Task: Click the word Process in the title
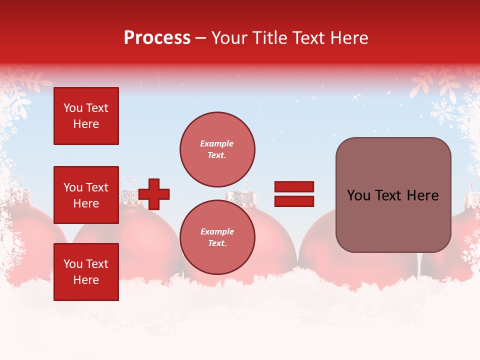[x=157, y=37]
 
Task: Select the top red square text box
[x=86, y=116]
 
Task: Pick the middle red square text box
[x=86, y=195]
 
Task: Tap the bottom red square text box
[x=86, y=272]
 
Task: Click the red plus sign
[x=154, y=194]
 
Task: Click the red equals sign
[x=294, y=194]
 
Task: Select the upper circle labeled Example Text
[x=217, y=149]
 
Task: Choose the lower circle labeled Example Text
[x=217, y=237]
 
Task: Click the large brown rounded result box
[x=393, y=195]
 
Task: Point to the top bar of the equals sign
[x=294, y=187]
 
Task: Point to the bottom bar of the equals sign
[x=294, y=201]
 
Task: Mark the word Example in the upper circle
[x=216, y=143]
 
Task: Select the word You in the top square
[x=72, y=108]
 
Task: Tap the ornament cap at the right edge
[x=472, y=199]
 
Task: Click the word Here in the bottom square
[x=86, y=280]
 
